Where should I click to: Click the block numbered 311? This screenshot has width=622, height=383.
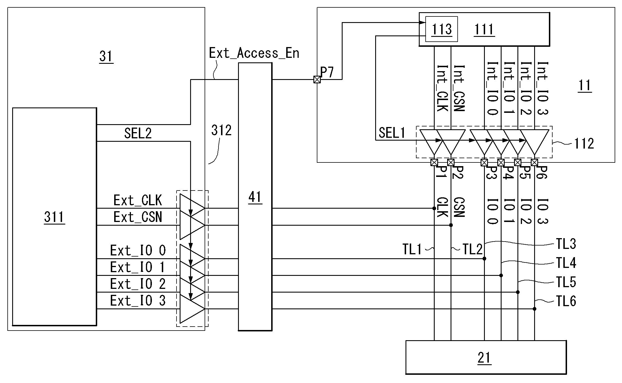click(x=54, y=217)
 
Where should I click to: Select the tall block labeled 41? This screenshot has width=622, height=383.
click(x=255, y=197)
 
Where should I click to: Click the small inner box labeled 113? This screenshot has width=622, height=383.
click(x=441, y=29)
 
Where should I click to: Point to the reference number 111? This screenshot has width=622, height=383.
click(x=484, y=29)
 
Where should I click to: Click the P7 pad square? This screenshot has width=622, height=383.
click(x=317, y=80)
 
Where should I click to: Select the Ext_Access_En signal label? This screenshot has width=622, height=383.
click(x=254, y=53)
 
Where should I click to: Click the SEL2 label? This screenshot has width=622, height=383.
click(x=138, y=133)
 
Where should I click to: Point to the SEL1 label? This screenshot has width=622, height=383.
click(x=392, y=133)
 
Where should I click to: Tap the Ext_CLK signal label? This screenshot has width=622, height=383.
click(x=137, y=200)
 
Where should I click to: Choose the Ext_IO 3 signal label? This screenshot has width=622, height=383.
click(x=138, y=301)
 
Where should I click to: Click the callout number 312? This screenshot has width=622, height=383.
click(x=221, y=130)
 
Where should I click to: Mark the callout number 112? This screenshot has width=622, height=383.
click(x=584, y=144)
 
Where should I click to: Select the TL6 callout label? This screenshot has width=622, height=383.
click(x=566, y=301)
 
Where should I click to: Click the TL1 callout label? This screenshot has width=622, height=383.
click(x=412, y=249)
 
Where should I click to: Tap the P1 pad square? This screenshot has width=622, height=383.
click(x=434, y=162)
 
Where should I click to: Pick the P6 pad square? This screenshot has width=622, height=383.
click(x=534, y=162)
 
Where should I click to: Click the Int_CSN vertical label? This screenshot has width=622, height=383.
click(x=459, y=88)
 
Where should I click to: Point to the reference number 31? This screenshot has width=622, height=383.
click(x=106, y=56)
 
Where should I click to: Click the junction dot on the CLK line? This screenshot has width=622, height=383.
click(x=434, y=208)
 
